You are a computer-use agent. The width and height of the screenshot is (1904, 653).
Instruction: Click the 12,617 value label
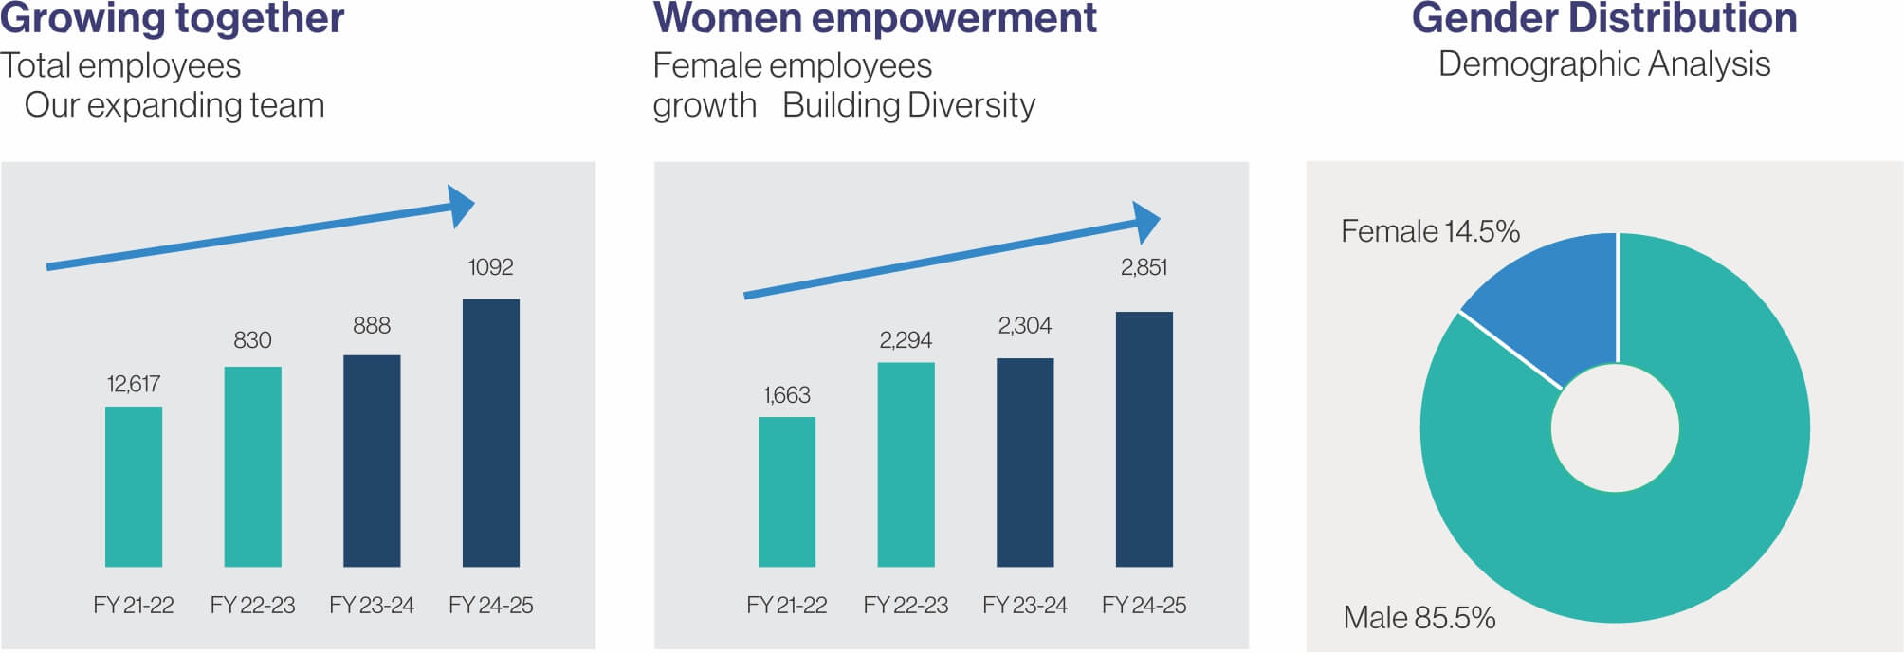(x=133, y=384)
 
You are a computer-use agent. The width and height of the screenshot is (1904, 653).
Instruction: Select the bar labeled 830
(x=252, y=465)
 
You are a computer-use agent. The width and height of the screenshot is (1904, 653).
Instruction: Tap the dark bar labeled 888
(x=372, y=461)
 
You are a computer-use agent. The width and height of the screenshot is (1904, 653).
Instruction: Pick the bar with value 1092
(x=490, y=432)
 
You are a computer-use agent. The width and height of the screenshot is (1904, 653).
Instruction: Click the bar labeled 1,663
(x=786, y=491)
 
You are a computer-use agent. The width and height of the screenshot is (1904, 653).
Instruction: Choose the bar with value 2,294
(x=906, y=463)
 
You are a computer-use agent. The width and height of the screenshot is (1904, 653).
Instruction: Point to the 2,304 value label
(x=1024, y=326)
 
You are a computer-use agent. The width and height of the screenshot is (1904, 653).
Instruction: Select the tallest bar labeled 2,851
(x=1144, y=439)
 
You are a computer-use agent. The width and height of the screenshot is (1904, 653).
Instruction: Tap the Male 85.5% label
(x=1419, y=618)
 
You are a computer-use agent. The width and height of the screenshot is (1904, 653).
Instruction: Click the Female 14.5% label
(x=1429, y=231)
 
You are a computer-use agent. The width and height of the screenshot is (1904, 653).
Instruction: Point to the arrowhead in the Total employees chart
(x=461, y=207)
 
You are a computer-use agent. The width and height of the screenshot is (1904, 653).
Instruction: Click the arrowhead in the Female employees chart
(x=1146, y=223)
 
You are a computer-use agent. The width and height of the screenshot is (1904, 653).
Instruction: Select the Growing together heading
(x=172, y=19)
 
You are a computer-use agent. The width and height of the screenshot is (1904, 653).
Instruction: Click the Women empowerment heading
(x=874, y=19)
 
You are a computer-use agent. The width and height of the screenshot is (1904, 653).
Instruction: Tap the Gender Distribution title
(x=1604, y=19)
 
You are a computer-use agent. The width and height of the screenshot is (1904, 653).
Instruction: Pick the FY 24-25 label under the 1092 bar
(x=490, y=605)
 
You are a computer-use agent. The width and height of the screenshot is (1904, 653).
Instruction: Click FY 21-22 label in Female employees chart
(x=786, y=605)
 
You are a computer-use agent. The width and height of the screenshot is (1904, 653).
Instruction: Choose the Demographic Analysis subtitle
(x=1604, y=64)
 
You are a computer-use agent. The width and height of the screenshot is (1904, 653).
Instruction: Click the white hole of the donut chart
(x=1615, y=428)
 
